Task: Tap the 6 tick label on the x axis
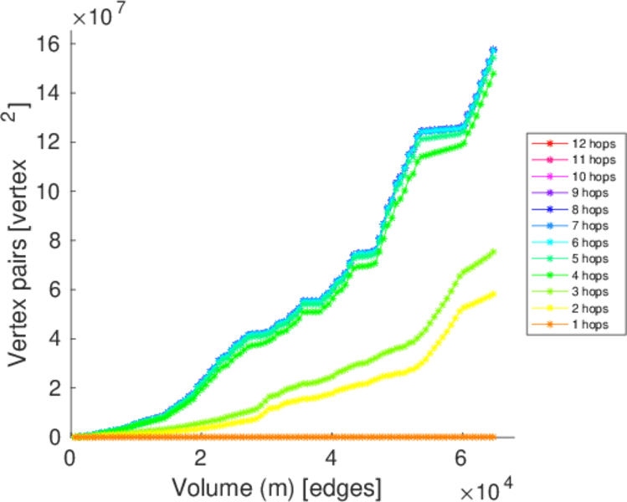pos(462,458)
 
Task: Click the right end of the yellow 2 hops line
pos(494,294)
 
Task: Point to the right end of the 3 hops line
pos(494,251)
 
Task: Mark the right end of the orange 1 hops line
pos(494,437)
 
